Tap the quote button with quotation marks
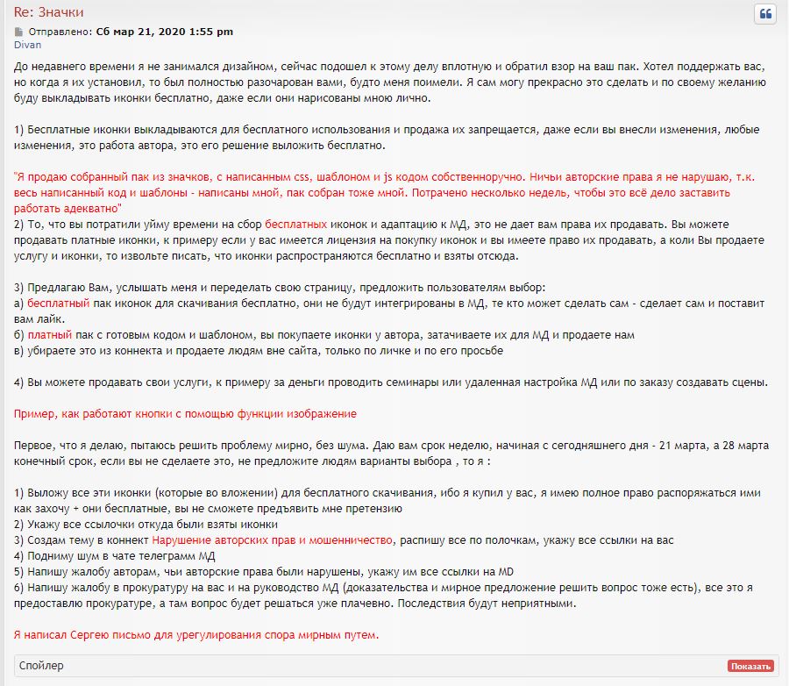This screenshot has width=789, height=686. (764, 14)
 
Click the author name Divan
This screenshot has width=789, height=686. (27, 45)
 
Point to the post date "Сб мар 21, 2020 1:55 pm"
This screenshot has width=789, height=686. (164, 32)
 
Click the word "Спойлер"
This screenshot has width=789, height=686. (41, 666)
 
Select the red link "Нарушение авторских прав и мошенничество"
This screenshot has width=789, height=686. (273, 540)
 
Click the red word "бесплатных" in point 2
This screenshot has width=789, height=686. (296, 225)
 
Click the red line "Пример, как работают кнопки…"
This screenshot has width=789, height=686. (186, 413)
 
